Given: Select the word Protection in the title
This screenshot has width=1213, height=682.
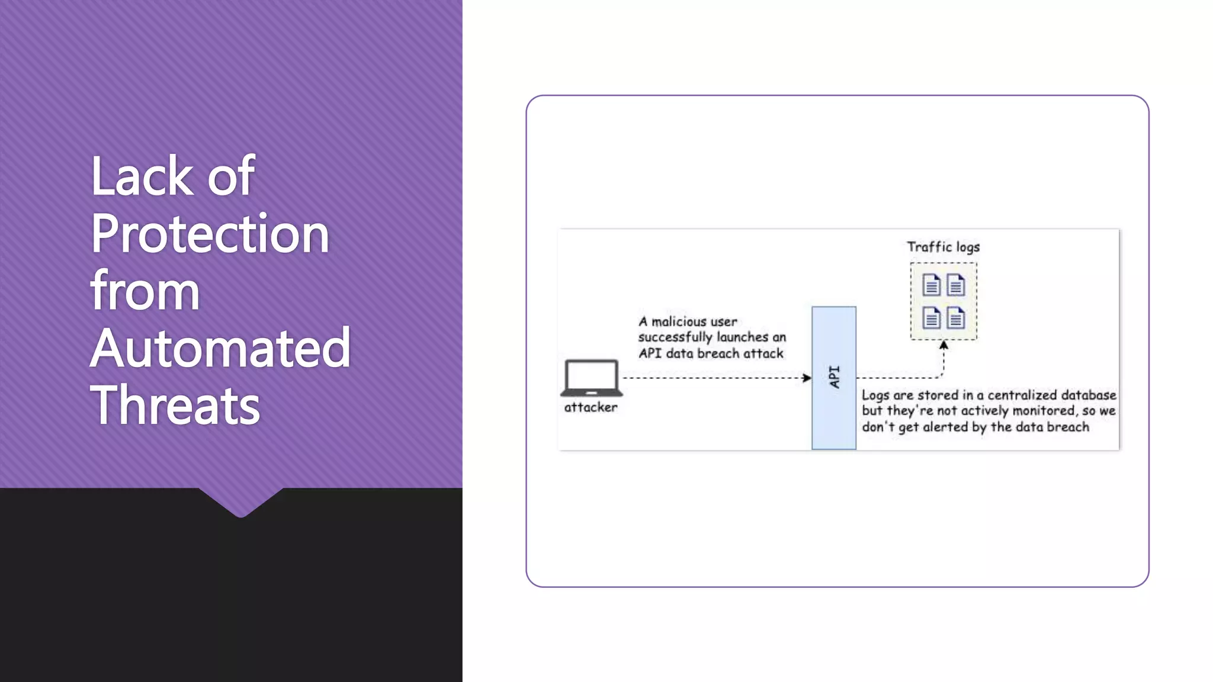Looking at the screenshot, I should coord(210,234).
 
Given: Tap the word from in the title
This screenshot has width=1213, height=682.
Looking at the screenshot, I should coord(145,291).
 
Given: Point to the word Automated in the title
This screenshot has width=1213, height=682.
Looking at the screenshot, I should coord(220,348).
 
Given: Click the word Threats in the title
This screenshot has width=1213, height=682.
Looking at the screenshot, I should coord(175,406).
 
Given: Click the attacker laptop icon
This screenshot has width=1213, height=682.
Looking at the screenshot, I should coord(591,378).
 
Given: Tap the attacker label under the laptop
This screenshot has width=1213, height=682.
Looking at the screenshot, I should coord(591,407).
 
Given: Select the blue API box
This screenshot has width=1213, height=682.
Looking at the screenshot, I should coord(833,378).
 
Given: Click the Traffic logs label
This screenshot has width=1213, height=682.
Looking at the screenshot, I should coord(943,247).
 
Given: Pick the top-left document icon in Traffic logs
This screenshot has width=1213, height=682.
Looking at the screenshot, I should coord(931,285).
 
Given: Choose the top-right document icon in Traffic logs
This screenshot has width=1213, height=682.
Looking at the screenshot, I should coord(955,285).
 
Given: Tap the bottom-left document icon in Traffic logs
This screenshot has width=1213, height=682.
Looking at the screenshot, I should coord(931,318).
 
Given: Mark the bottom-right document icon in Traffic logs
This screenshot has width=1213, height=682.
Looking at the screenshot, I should coord(955,318).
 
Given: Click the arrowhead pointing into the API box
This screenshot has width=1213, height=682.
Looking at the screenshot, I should coord(807,378).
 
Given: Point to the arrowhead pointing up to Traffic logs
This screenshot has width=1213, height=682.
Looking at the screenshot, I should coord(944,345).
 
